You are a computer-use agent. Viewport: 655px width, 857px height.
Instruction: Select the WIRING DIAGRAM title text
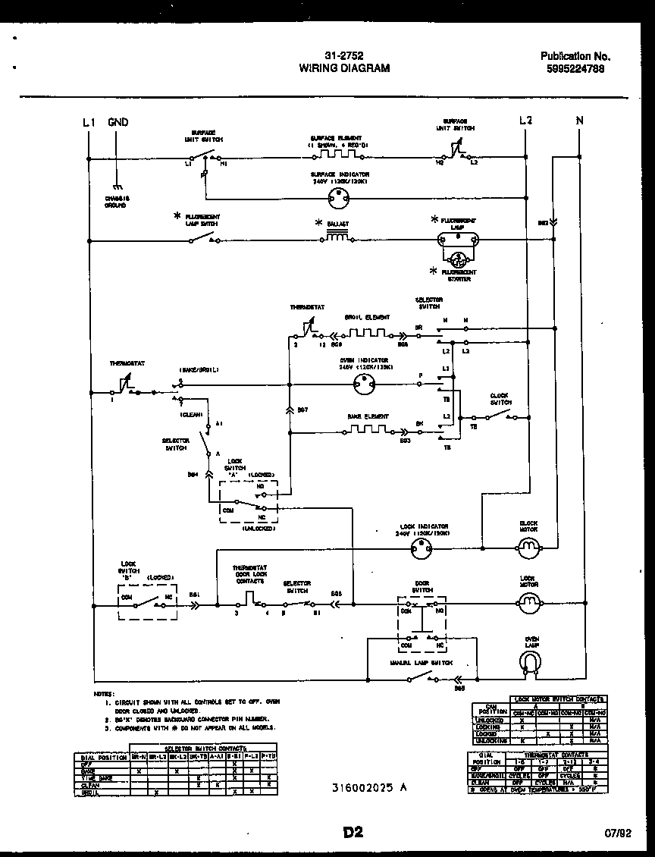344,68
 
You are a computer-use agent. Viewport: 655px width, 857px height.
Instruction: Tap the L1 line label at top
89,122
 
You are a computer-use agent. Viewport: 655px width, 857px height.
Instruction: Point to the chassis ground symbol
116,187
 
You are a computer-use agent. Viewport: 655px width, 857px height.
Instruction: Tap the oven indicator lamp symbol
365,385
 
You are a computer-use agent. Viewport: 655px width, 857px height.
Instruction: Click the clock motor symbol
528,545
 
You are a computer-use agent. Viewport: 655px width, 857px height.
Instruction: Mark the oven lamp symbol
531,663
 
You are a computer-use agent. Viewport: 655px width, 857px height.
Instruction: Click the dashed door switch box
422,623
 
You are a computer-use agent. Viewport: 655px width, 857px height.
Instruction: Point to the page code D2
353,833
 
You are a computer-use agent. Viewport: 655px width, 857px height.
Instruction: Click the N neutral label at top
579,121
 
